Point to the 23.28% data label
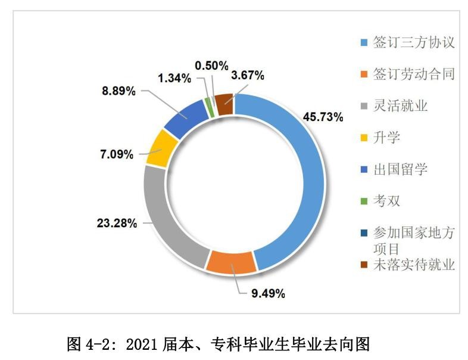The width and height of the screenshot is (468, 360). [x=117, y=224]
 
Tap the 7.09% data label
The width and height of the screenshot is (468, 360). [x=117, y=154]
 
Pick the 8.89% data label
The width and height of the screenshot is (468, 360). [x=117, y=91]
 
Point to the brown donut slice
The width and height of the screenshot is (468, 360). [x=223, y=104]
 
